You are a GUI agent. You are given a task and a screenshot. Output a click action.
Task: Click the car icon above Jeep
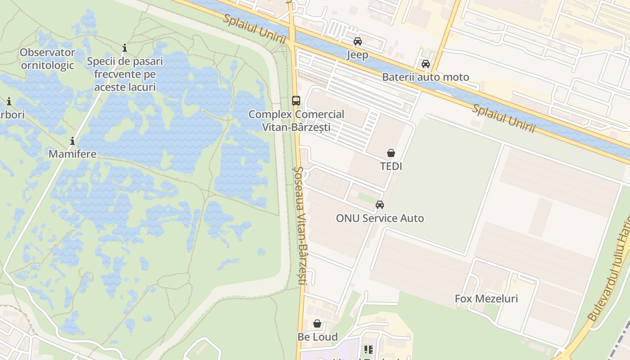coord(358,41)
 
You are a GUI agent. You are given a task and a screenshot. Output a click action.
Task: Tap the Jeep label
coord(357,55)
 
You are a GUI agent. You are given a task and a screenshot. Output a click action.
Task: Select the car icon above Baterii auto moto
coord(426,64)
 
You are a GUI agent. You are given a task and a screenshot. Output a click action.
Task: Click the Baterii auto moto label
coord(425,77)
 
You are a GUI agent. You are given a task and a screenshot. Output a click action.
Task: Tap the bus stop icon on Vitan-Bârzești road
coord(296,101)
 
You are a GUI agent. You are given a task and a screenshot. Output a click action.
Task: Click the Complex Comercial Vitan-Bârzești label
coord(296,121)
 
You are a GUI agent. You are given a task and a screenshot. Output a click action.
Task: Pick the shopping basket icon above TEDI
coord(391,153)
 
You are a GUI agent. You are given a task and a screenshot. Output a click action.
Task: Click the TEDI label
coord(391,166)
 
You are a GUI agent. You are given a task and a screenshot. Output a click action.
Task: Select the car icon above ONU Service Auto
coord(380,205)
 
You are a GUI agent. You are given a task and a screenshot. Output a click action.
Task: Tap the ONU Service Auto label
coord(380,218)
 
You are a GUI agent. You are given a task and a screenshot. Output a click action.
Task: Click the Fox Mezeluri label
coord(486,298)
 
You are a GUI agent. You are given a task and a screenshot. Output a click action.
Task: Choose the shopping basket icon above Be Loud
coord(317,324)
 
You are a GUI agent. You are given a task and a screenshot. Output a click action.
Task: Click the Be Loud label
coord(317,337)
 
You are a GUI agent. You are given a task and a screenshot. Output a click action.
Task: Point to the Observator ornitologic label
coord(47,58)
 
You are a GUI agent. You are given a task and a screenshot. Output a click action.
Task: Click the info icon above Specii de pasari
coord(125,48)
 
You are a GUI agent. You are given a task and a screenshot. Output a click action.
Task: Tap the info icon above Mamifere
coord(72,141)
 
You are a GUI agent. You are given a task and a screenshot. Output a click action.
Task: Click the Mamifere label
coord(72,154)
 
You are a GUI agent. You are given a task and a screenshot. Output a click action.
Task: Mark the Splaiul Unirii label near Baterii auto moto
coord(503,118)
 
